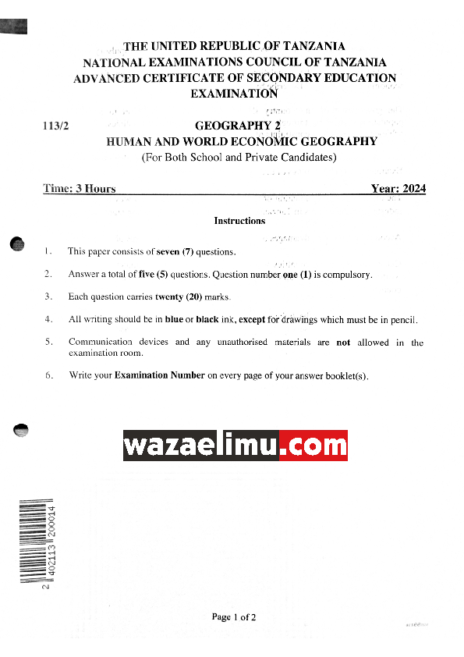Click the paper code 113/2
56,126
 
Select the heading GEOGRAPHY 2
236,126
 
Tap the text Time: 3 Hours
80,189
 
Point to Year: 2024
398,189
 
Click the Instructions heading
239,221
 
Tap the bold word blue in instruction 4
174,320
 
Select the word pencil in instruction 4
402,320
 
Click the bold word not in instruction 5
343,343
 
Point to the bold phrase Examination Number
159,375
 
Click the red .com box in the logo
313,446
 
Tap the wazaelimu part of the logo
200,446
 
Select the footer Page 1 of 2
234,617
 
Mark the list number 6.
48,375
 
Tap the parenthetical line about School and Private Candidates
239,158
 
